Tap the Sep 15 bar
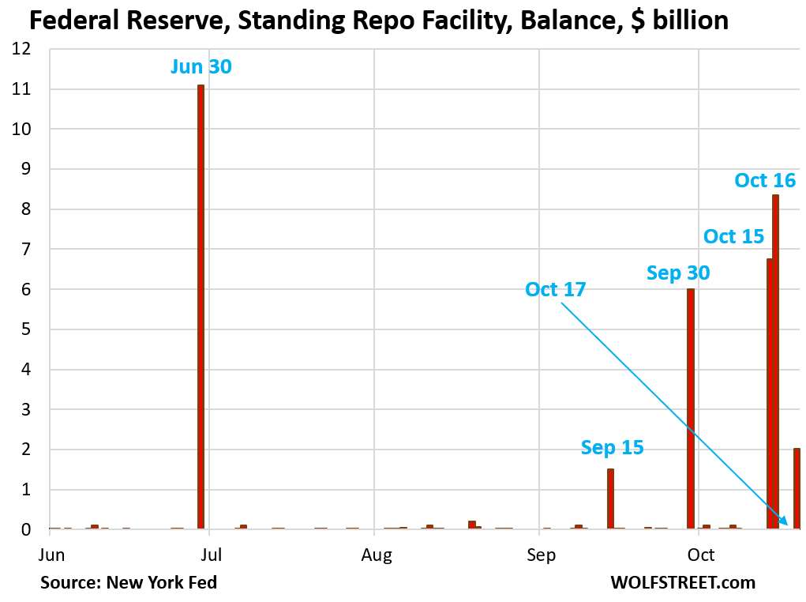tap(610, 499)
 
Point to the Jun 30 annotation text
tap(201, 67)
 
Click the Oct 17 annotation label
tap(556, 290)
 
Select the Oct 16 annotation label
tap(765, 180)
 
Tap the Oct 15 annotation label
tap(734, 236)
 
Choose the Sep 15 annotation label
tap(612, 448)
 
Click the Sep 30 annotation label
tap(678, 273)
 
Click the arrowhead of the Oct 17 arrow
tap(784, 521)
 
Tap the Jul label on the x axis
tap(210, 554)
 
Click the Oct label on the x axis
tap(701, 554)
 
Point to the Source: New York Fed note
tap(129, 583)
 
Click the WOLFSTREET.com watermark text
tap(683, 583)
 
